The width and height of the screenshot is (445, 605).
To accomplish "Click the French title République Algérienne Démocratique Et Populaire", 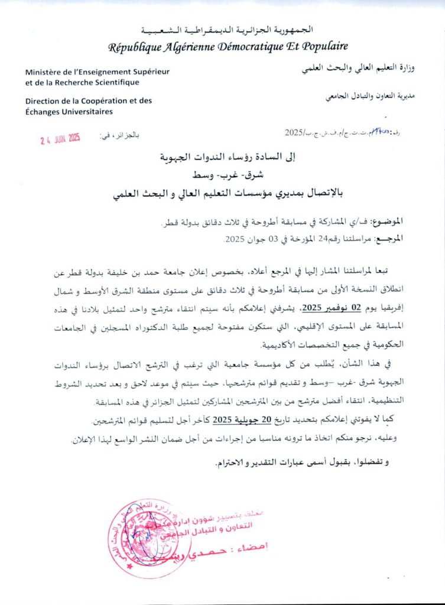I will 228,47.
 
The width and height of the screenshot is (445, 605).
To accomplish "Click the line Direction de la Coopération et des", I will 89,101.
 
